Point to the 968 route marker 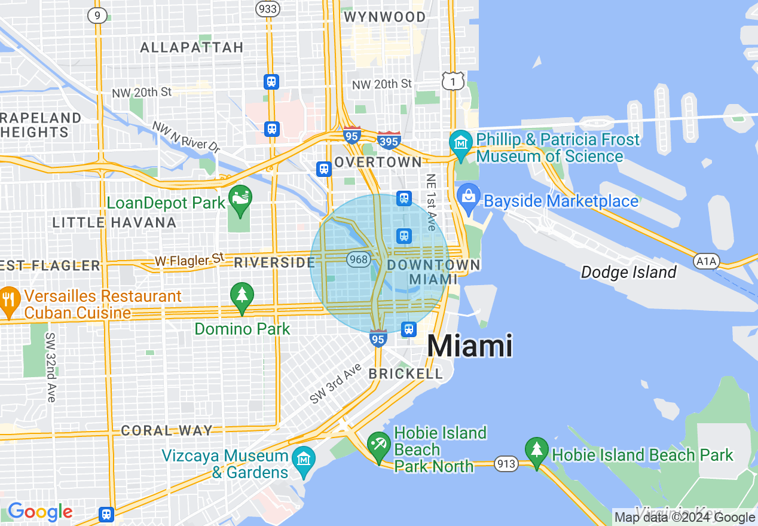[x=359, y=259]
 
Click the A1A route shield [x=707, y=261]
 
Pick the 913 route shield [x=506, y=463]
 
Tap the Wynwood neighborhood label [x=385, y=17]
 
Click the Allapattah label [x=192, y=47]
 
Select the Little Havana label [x=114, y=223]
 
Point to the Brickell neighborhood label [x=406, y=374]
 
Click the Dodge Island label [x=629, y=273]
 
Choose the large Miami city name [x=470, y=346]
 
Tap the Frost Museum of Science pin [x=461, y=143]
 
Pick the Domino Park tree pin [x=242, y=296]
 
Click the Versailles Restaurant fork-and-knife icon [x=8, y=299]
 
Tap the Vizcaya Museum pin [x=305, y=459]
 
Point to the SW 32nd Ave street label [x=51, y=367]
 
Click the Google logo [x=40, y=512]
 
